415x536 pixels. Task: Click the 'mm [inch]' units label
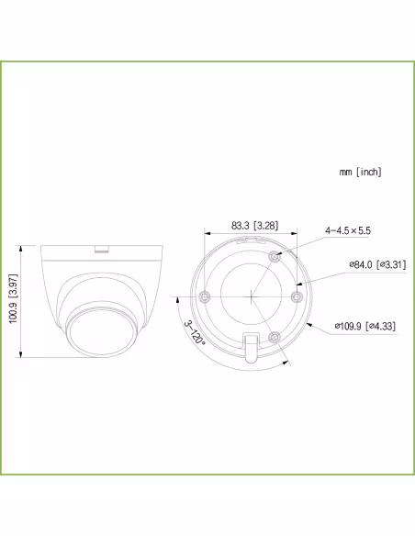coord(359,172)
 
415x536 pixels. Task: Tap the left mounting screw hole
coord(205,296)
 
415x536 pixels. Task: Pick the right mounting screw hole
coord(297,296)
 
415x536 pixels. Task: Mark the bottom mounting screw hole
coord(274,339)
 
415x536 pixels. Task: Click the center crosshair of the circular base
coord(250,296)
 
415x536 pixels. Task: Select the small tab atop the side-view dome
coord(101,247)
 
